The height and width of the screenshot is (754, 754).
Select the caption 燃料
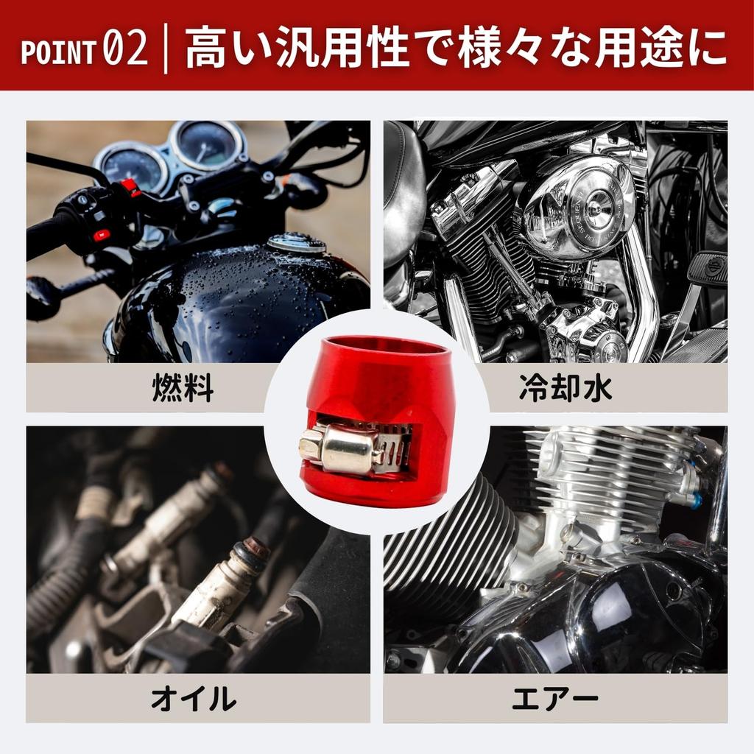coord(183,388)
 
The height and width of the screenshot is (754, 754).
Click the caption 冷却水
coord(565,388)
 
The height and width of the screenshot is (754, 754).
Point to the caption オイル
coord(193,698)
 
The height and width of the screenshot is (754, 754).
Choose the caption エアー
coord(555,698)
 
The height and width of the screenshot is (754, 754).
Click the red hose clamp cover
coord(376,383)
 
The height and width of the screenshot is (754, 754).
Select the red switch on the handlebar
coord(101,235)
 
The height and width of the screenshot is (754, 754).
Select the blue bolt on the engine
coord(695,501)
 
